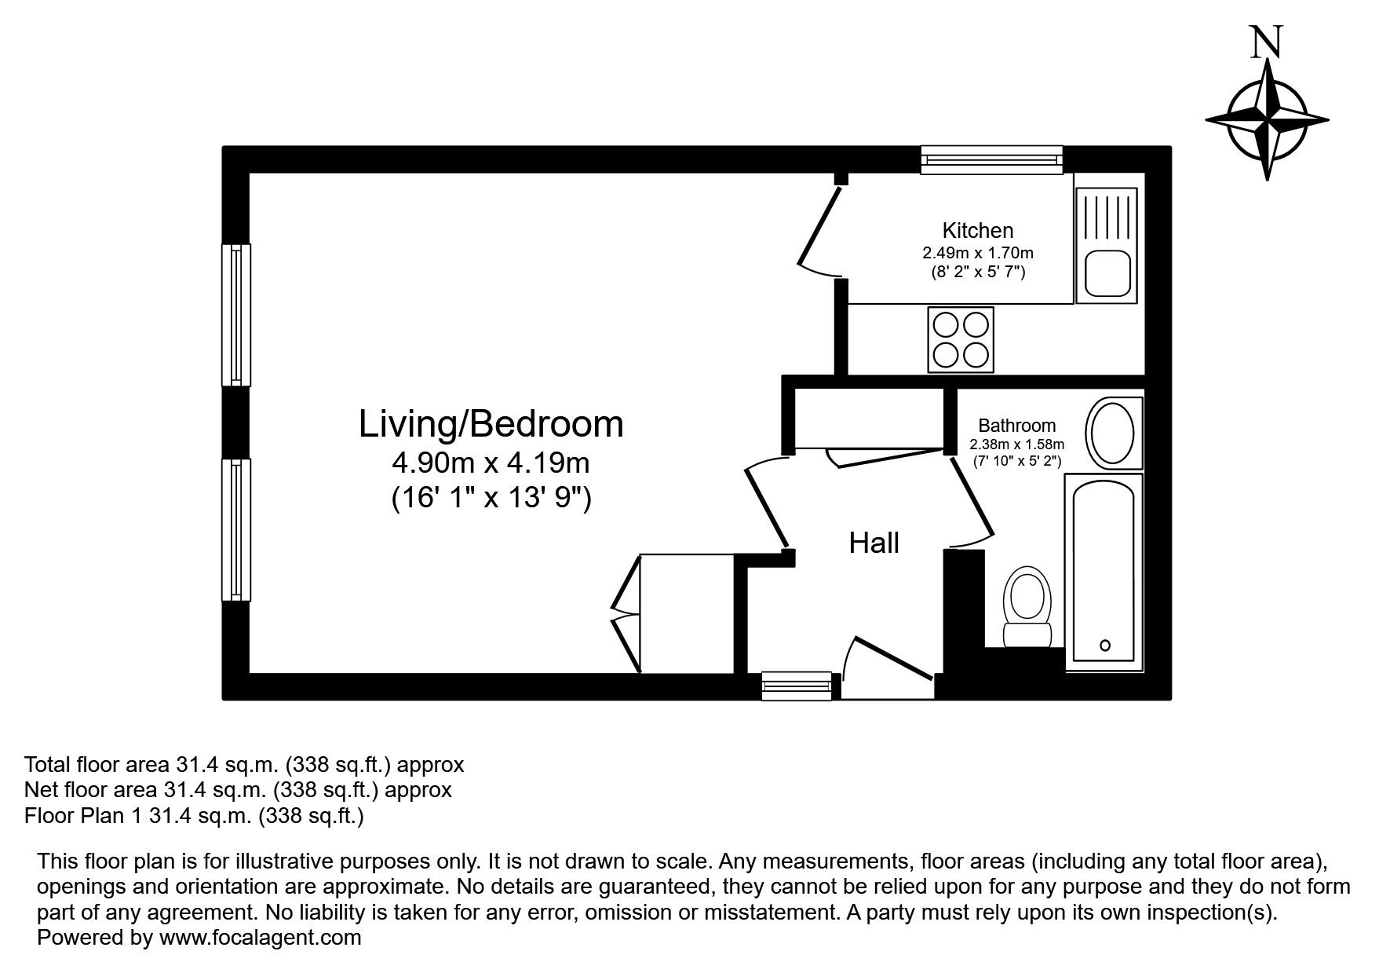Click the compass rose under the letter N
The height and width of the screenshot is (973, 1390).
pyautogui.click(x=1267, y=120)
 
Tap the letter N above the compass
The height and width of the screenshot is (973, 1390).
pyautogui.click(x=1266, y=42)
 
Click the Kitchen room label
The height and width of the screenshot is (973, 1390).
pyautogui.click(x=977, y=230)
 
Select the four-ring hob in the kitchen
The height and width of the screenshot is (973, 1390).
pyautogui.click(x=961, y=339)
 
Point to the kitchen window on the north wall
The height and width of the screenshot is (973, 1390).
pyautogui.click(x=991, y=159)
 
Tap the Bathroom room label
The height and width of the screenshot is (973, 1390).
pyautogui.click(x=1016, y=426)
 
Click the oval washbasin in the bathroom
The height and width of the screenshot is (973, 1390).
pyautogui.click(x=1110, y=433)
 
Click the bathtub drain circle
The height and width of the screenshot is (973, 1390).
pyautogui.click(x=1105, y=646)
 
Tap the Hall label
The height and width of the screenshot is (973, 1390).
pyautogui.click(x=874, y=543)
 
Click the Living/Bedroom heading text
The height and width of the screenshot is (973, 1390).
pyautogui.click(x=491, y=424)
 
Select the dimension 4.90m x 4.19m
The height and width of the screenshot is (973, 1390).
pyautogui.click(x=491, y=463)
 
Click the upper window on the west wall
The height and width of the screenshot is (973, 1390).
pyautogui.click(x=235, y=314)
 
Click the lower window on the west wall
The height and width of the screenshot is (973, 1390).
pyautogui.click(x=235, y=529)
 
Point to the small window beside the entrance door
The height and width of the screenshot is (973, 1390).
pyautogui.click(x=797, y=686)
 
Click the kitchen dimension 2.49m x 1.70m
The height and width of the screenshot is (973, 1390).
pyautogui.click(x=977, y=253)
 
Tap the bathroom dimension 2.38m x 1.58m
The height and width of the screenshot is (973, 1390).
pyautogui.click(x=1017, y=444)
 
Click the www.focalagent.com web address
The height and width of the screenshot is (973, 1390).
pyautogui.click(x=260, y=937)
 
